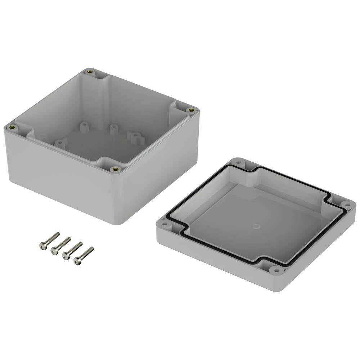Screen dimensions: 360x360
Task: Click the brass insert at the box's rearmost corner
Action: (x=89, y=72)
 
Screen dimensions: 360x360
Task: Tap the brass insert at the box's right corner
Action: (x=192, y=110)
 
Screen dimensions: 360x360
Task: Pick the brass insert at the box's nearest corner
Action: (x=116, y=169)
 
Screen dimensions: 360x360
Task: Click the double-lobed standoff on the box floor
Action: (x=134, y=137)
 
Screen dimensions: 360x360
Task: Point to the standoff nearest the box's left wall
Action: (x=60, y=144)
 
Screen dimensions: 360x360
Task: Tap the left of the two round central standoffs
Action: (x=84, y=127)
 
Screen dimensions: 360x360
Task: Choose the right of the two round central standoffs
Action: (x=113, y=129)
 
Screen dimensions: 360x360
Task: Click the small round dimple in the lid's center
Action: (x=257, y=226)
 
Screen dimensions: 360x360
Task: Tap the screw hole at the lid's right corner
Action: (x=347, y=205)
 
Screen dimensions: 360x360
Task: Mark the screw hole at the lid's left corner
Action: (x=165, y=224)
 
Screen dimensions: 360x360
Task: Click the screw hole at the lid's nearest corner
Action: (x=276, y=269)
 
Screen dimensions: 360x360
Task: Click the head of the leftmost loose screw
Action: (x=42, y=246)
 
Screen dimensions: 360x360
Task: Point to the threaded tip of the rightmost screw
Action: (x=91, y=249)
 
